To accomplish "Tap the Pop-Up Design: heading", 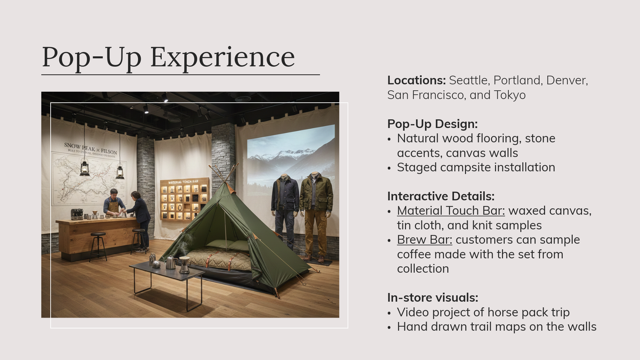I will [432, 124].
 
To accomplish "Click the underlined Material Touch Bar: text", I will [451, 211].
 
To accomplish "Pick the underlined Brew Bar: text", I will [424, 240].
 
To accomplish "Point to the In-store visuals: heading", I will [432, 298].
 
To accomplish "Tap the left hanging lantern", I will [84, 168].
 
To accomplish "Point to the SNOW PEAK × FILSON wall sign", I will [90, 148].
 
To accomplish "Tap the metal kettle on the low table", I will [171, 263].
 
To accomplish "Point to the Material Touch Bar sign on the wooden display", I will [183, 182].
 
